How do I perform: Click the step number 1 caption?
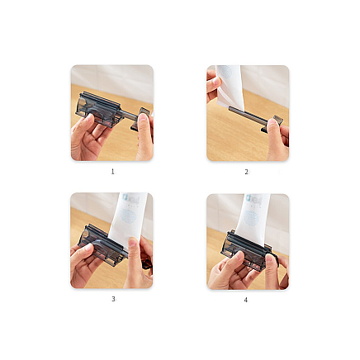pos(112,172)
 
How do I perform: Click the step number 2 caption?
pos(246,172)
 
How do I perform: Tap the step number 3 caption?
pos(112,299)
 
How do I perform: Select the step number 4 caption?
pos(246,299)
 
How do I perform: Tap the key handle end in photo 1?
pos(144,113)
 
